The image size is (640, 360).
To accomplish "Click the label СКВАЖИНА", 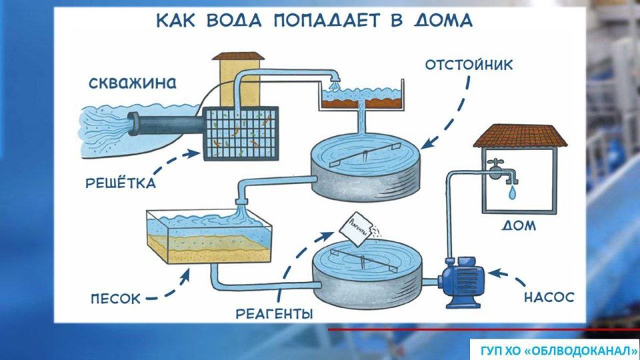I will coord(133,85).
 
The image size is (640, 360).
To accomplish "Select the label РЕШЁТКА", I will coord(121,182).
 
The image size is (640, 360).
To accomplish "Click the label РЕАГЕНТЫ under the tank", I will coord(274,312).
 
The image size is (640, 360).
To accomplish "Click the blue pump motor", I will coord(461,275).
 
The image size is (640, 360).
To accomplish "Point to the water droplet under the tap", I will coord(511,193).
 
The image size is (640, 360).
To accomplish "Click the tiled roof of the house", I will coord(520,136).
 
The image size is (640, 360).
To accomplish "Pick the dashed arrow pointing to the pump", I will coord(512,273).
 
